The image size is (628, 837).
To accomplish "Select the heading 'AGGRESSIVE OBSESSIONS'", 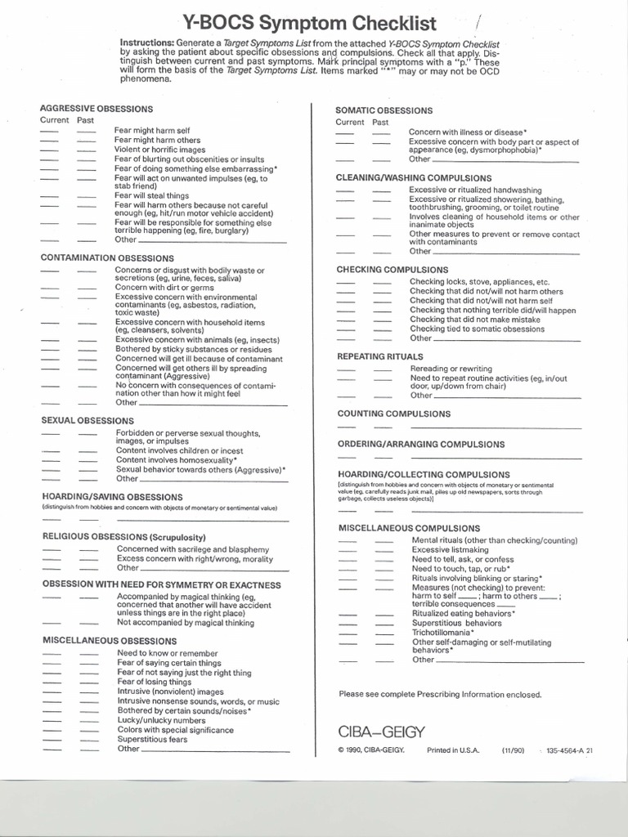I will (x=96, y=109).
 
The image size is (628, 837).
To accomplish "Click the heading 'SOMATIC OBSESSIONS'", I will (x=384, y=110).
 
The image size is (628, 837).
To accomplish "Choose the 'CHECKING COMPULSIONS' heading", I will (x=392, y=269).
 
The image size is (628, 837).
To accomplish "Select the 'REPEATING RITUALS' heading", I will (x=380, y=356).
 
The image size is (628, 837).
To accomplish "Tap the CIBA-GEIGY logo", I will (x=382, y=730).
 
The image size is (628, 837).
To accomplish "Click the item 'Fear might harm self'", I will (x=152, y=131).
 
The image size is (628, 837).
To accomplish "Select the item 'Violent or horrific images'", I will (x=159, y=150).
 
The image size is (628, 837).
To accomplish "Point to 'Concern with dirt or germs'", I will (x=164, y=288).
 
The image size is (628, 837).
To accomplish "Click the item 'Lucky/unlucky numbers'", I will (x=161, y=721).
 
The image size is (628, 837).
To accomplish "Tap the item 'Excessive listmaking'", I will (x=449, y=550).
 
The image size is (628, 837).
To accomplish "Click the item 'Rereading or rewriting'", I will (x=451, y=369).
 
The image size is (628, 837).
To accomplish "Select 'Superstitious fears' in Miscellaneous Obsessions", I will (x=152, y=739).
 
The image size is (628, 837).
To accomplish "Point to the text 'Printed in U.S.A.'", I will (x=453, y=750).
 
